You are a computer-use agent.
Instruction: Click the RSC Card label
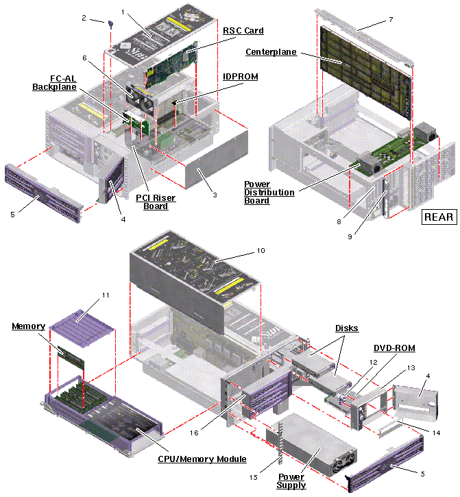coord(243,31)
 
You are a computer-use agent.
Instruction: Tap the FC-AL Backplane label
coord(54,82)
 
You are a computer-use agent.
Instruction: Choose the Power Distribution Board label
coord(269,193)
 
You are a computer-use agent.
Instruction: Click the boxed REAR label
coord(438,217)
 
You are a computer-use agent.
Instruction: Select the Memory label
coord(28,326)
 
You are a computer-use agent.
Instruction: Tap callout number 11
coord(106,295)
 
